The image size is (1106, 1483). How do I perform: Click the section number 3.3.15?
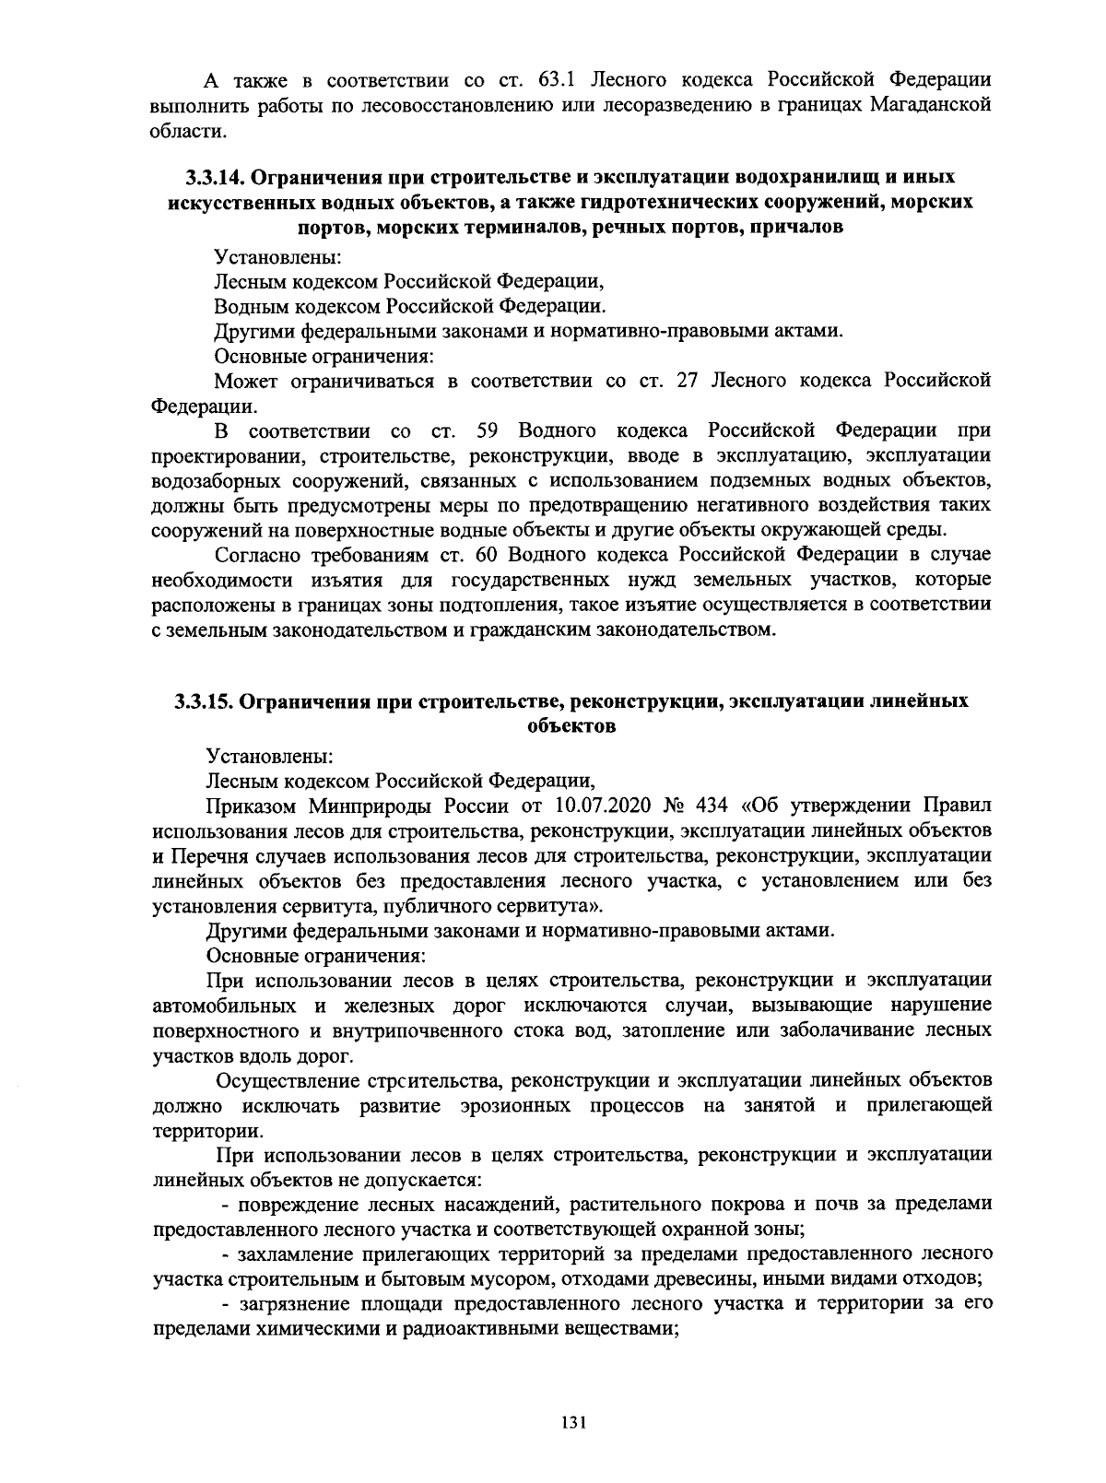(202, 701)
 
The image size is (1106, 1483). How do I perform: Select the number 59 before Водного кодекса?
(488, 430)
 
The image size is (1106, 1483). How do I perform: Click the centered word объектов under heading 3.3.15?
(571, 726)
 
